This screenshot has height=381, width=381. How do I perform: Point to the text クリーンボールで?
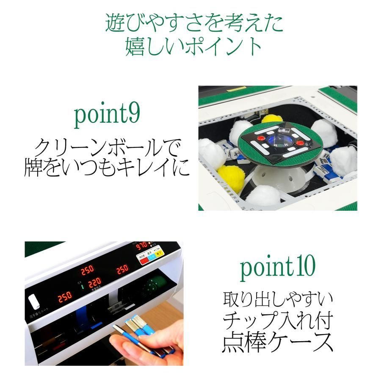[x=107, y=149]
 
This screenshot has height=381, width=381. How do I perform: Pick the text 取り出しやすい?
[x=278, y=300]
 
